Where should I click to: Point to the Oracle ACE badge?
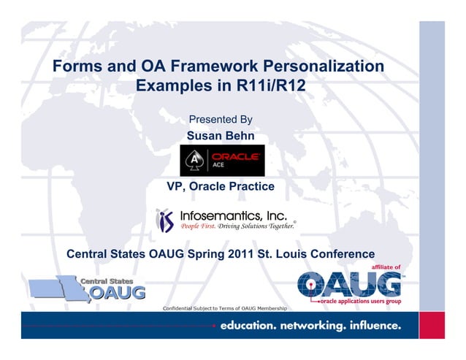[x=222, y=160]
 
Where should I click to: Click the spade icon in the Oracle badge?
[x=194, y=160]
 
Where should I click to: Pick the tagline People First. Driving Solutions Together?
[x=237, y=227]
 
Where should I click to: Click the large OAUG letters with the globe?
[x=344, y=284]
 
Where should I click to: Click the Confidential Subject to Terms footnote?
[x=224, y=307]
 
